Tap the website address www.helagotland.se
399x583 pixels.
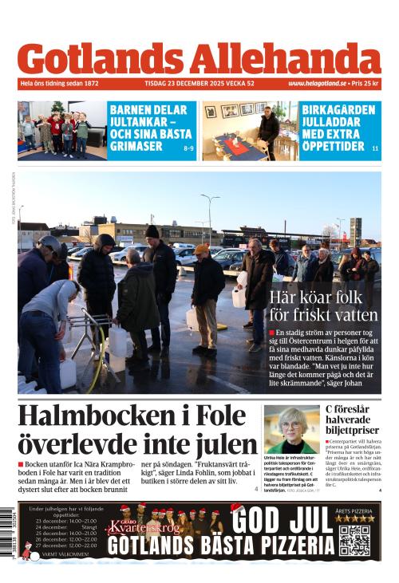click(317, 84)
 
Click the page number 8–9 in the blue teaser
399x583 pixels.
click(188, 148)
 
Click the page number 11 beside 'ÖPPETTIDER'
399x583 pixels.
click(375, 148)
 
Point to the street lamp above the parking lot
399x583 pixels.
click(210, 199)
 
